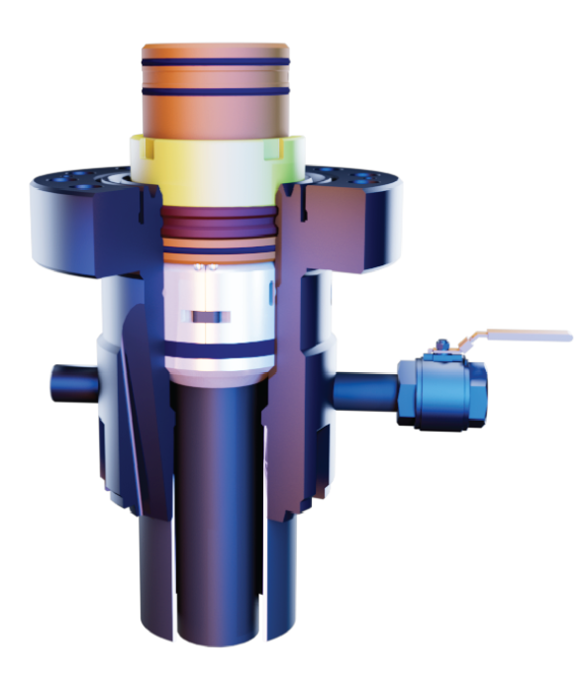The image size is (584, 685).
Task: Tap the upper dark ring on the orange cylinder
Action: (x=215, y=63)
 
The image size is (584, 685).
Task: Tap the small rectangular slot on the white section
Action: (x=211, y=317)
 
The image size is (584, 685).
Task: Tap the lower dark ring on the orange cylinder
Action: (x=215, y=89)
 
